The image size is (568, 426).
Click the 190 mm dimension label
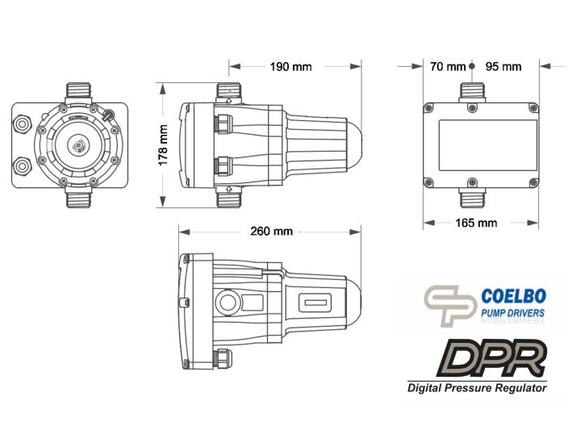coord(290,67)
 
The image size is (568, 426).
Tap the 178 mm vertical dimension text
coord(163,145)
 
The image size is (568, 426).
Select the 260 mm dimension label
coord(271,231)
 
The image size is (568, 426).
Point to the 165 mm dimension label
coord(476,223)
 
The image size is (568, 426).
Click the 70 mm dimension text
coord(448,67)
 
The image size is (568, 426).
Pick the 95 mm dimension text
coord(503,67)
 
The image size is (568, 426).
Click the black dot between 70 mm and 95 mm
coord(472,66)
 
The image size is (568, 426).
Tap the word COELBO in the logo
coord(513,296)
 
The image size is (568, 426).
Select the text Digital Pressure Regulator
coord(477,388)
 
